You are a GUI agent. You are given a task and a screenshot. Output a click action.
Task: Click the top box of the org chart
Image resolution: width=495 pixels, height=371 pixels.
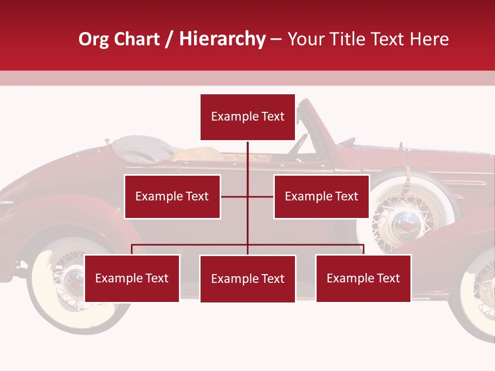pyautogui.click(x=247, y=117)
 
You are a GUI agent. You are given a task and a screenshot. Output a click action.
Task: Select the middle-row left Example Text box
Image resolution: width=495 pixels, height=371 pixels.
pyautogui.click(x=172, y=196)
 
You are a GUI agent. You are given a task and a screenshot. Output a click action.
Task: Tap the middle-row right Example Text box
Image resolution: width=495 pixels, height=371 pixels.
pyautogui.click(x=321, y=196)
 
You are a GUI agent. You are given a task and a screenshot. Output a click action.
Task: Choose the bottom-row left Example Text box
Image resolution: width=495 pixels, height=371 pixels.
pyautogui.click(x=132, y=278)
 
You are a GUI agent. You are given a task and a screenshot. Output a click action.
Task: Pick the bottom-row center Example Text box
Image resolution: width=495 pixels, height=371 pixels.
pyautogui.click(x=247, y=279)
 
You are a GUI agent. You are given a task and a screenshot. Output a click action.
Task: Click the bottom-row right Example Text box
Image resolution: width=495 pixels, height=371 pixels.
pyautogui.click(x=363, y=278)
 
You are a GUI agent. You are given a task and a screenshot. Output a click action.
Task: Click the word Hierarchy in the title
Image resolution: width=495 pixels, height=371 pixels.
pyautogui.click(x=222, y=39)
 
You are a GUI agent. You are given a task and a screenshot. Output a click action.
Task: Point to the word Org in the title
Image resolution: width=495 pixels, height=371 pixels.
pyautogui.click(x=94, y=39)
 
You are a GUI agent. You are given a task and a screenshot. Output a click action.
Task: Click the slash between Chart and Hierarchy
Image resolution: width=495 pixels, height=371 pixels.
pyautogui.click(x=169, y=40)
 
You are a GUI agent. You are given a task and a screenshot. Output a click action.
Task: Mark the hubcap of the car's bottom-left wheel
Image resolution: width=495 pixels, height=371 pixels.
pyautogui.click(x=74, y=281)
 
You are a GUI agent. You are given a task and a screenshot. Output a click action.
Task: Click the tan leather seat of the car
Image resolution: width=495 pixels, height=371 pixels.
pyautogui.click(x=199, y=153)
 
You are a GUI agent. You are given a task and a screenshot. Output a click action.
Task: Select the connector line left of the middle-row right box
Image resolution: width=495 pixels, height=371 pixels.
pyautogui.click(x=261, y=196)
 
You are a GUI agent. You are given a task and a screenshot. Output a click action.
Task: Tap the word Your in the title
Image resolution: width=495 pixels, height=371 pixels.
pyautogui.click(x=305, y=39)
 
